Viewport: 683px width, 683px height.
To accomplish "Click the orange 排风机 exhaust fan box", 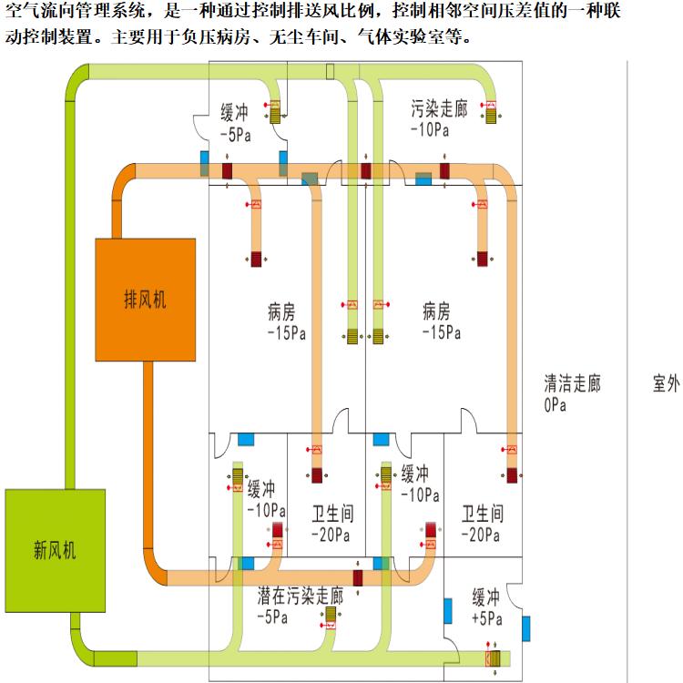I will click(x=146, y=299).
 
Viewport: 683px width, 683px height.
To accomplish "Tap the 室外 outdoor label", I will click(x=666, y=384).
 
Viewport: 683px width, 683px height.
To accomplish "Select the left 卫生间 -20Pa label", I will click(x=329, y=522).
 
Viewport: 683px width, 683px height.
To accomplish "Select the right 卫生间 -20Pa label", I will click(x=480, y=522).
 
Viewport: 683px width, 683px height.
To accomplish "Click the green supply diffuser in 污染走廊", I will click(x=492, y=115).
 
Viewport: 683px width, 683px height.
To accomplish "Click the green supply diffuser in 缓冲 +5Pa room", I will click(x=494, y=658).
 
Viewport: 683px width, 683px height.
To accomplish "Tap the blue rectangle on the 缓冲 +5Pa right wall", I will click(x=526, y=628).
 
